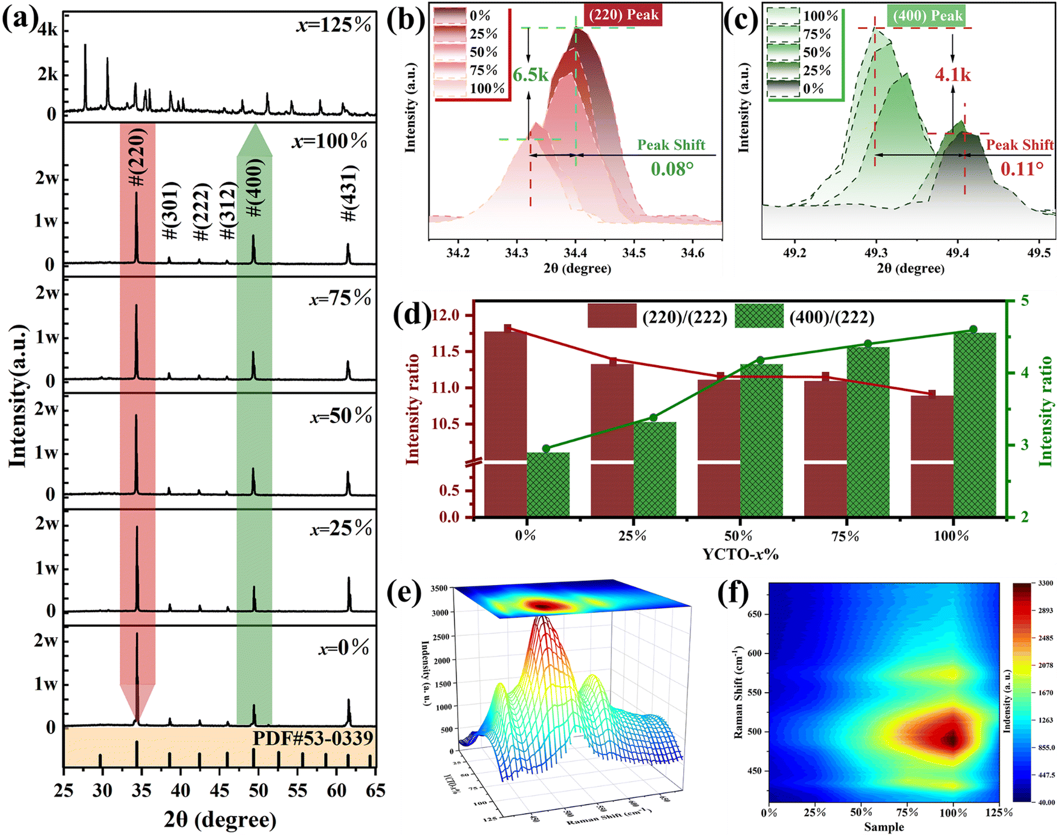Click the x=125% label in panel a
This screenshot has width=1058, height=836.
click(334, 25)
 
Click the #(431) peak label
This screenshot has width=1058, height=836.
click(350, 193)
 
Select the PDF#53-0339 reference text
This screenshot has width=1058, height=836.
click(313, 739)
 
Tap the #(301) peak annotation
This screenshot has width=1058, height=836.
click(171, 210)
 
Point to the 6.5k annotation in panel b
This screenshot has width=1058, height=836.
click(530, 75)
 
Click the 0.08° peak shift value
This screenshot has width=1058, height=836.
click(672, 169)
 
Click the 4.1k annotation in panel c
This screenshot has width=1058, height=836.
click(953, 75)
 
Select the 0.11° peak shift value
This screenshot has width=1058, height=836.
click(1022, 169)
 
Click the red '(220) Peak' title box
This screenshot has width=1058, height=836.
click(623, 15)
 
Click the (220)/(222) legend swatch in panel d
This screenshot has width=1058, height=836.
click(611, 316)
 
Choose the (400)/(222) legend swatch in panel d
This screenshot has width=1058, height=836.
click(759, 316)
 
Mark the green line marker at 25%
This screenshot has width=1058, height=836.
click(654, 418)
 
